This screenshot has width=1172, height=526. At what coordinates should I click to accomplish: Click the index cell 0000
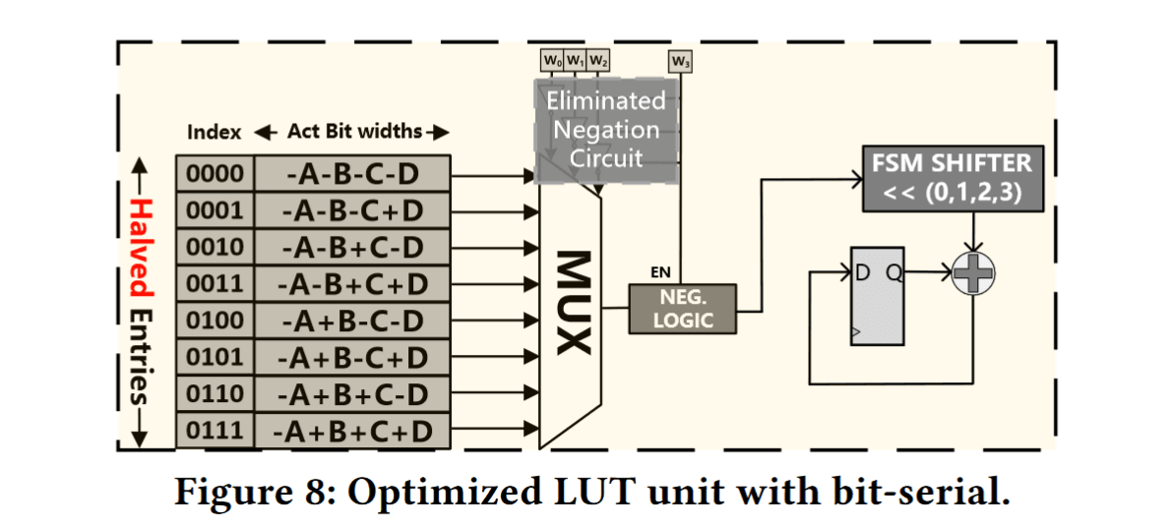tap(215, 174)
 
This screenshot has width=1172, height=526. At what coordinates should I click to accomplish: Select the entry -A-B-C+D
tap(351, 210)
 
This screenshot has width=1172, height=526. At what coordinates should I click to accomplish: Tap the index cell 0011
tap(215, 284)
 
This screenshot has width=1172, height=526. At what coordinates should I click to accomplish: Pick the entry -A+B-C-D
tap(351, 321)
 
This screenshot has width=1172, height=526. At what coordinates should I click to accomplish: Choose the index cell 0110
tap(215, 394)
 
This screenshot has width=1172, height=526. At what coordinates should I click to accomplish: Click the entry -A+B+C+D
tap(351, 431)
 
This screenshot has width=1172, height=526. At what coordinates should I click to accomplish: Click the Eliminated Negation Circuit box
tap(606, 129)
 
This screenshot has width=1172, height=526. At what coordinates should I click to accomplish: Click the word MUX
tap(571, 302)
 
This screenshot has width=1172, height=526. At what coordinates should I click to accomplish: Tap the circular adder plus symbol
tap(973, 273)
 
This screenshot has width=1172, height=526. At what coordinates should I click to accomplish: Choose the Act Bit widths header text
tap(354, 132)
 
